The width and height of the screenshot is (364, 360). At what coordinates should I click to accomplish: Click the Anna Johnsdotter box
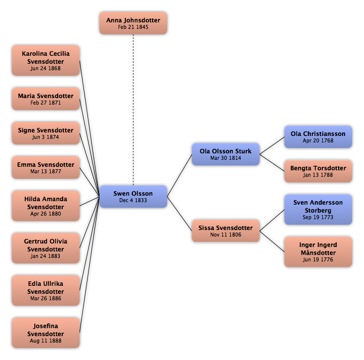click(x=133, y=23)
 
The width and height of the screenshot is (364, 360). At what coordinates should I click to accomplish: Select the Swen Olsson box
click(x=133, y=197)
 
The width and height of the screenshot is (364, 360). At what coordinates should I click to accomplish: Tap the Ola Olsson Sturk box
click(x=226, y=154)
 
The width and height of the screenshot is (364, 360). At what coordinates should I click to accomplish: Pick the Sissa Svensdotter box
click(x=226, y=231)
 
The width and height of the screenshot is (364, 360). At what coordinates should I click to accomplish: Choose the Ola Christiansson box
click(x=318, y=137)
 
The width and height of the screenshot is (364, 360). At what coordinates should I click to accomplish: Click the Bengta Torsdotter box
click(x=318, y=171)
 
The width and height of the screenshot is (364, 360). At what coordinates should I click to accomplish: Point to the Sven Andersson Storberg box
click(x=318, y=210)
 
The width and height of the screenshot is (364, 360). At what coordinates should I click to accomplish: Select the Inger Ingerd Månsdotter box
click(x=318, y=252)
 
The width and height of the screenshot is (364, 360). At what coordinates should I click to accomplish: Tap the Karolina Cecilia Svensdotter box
click(x=46, y=61)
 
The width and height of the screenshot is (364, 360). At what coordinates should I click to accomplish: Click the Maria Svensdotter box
click(x=46, y=99)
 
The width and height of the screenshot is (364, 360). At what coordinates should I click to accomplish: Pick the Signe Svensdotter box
click(x=46, y=133)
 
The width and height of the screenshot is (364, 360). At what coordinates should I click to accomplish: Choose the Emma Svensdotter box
click(x=46, y=168)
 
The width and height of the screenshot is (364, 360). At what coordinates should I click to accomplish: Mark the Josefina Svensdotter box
click(x=46, y=333)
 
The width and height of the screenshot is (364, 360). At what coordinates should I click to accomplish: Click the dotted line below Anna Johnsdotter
click(x=133, y=110)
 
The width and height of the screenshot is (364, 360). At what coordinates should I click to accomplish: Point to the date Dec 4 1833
click(x=133, y=200)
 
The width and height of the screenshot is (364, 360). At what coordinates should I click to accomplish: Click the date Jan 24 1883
click(x=46, y=256)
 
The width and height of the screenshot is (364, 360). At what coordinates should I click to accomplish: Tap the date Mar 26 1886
click(x=46, y=298)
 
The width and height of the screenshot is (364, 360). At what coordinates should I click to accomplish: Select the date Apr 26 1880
click(x=46, y=214)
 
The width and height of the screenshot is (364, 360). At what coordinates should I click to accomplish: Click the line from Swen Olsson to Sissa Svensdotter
click(x=180, y=214)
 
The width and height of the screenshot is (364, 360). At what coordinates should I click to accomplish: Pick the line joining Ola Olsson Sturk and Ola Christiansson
click(x=272, y=146)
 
